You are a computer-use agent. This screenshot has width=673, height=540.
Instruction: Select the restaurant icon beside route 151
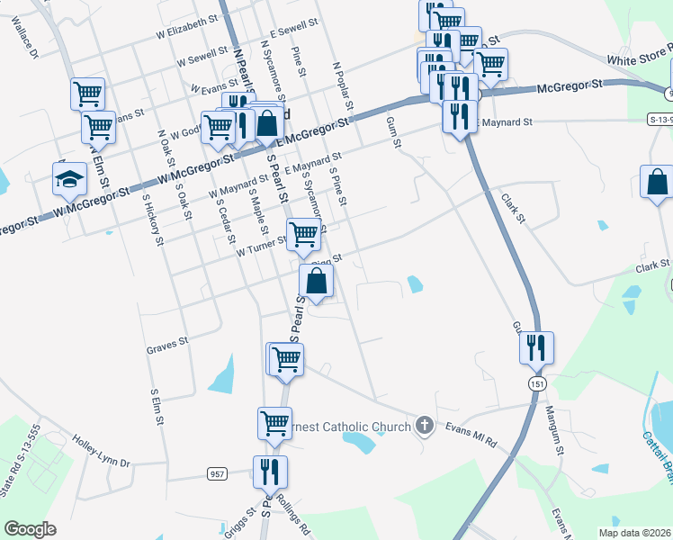point(536,348)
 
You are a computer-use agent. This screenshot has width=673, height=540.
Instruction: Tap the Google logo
point(30,529)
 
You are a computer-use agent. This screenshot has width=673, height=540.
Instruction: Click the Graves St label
point(166,343)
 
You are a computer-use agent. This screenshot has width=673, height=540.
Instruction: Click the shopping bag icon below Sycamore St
point(317,281)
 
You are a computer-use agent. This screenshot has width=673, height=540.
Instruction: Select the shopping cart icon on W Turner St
point(304,235)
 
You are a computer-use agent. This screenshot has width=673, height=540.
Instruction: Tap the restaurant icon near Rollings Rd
point(270,472)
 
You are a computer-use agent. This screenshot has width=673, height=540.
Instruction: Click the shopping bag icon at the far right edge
point(657,182)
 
